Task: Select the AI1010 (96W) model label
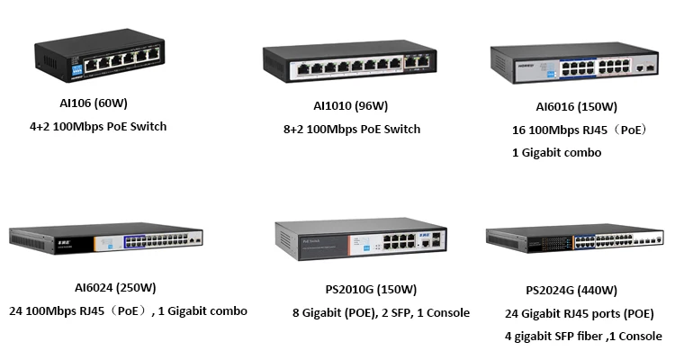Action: pos(348,105)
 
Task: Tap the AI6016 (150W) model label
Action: pos(576,106)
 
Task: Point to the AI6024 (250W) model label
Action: pos(115,288)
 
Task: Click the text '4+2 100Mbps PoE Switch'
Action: pos(98,126)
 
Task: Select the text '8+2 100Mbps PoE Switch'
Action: pos(352,129)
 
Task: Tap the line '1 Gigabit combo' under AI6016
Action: pos(556,153)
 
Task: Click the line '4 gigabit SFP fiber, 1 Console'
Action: pos(584,337)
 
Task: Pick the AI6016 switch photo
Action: pos(577,67)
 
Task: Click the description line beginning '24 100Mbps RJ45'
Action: pos(128,311)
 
